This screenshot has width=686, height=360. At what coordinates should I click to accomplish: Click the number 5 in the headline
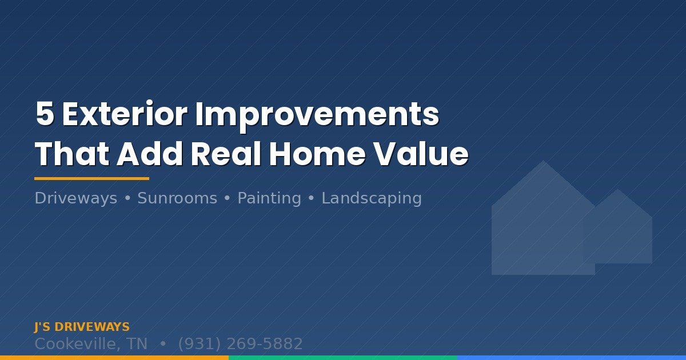tap(45, 115)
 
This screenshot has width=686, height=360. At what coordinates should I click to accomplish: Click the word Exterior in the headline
tap(124, 115)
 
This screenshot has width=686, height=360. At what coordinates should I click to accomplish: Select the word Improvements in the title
tap(317, 115)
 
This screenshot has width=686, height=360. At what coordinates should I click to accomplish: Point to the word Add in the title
tap(150, 154)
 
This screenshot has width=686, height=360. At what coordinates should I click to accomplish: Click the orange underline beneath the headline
tap(91, 179)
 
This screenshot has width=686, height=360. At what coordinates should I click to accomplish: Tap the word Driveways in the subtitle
tap(75, 198)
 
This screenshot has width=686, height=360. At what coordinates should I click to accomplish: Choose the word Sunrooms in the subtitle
tap(177, 198)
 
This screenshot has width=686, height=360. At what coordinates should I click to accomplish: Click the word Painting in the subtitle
tap(269, 198)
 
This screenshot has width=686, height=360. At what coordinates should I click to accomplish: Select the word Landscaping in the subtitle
tap(372, 198)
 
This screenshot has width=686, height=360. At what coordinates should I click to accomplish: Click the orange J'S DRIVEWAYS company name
tap(82, 327)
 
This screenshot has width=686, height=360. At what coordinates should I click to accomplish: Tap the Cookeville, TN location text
tap(90, 344)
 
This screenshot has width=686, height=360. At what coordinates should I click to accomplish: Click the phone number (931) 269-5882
tap(240, 344)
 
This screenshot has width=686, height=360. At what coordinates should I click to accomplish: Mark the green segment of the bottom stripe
tap(343, 358)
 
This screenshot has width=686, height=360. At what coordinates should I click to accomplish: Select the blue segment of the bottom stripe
tap(572, 358)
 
